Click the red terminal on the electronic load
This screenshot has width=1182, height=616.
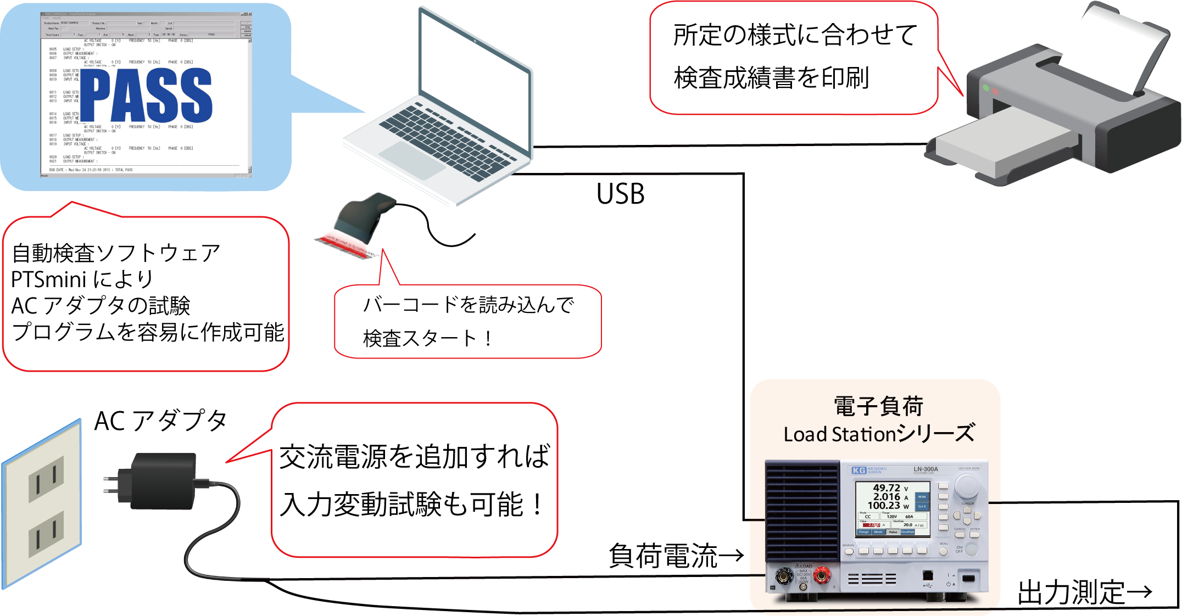[x=822, y=575]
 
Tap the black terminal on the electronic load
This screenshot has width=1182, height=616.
[x=784, y=577]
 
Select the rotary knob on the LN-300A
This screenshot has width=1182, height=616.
[x=967, y=486]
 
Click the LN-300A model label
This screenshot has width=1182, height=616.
[x=925, y=469]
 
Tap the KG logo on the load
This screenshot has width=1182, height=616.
[x=859, y=471]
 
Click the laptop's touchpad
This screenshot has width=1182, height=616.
[x=412, y=159]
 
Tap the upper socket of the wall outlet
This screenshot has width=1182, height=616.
[x=46, y=478]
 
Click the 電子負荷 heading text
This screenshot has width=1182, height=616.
[x=878, y=407]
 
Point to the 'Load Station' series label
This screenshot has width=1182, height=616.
[x=878, y=434]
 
